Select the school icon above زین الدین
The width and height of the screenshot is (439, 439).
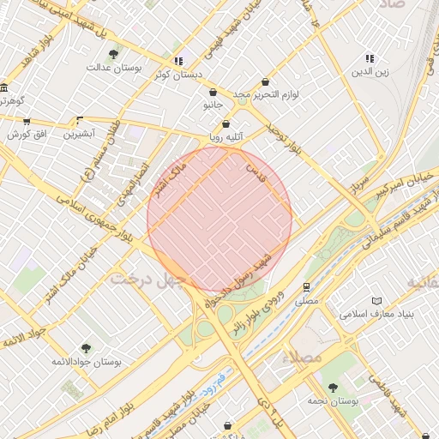(370, 58)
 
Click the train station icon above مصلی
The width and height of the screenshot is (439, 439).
(306, 287)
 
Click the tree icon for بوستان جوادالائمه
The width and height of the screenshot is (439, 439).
(87, 347)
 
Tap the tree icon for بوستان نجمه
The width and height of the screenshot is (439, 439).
(333, 388)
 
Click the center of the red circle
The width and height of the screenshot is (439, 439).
(219, 219)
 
